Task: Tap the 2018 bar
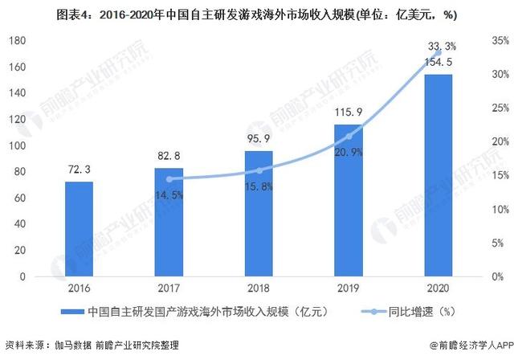259,214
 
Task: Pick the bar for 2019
348,201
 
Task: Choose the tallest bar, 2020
438,176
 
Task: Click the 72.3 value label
79,171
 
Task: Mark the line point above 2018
259,170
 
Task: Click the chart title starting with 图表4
257,13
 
